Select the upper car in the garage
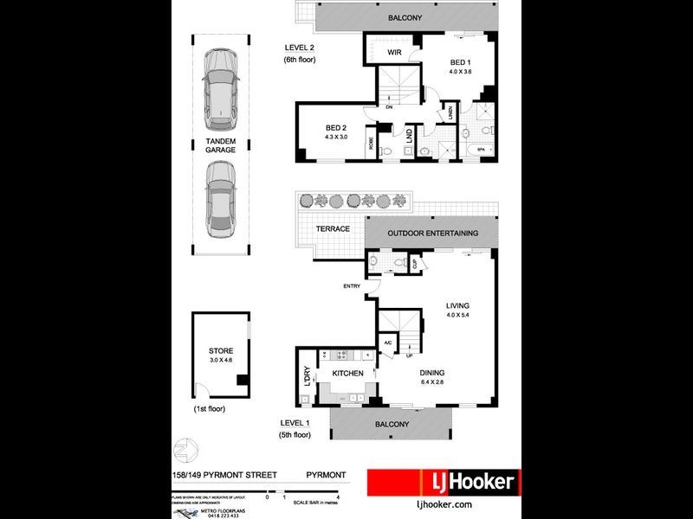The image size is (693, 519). tap(221, 84)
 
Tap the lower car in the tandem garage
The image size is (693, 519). tap(221, 202)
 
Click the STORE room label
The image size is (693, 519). tap(221, 350)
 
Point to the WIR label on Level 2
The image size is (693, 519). tap(394, 54)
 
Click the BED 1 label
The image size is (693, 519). tap(460, 62)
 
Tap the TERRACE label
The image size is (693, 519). tap(332, 229)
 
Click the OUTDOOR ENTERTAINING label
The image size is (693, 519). tap(433, 233)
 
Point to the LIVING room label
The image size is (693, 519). tap(457, 305)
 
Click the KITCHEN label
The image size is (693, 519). tap(346, 373)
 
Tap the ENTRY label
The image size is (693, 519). tap(352, 286)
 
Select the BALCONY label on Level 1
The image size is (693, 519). tap(392, 424)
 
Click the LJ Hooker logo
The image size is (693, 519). tap(443, 482)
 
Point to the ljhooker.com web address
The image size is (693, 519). tap(444, 503)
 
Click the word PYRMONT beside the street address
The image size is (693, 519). tap(327, 475)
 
